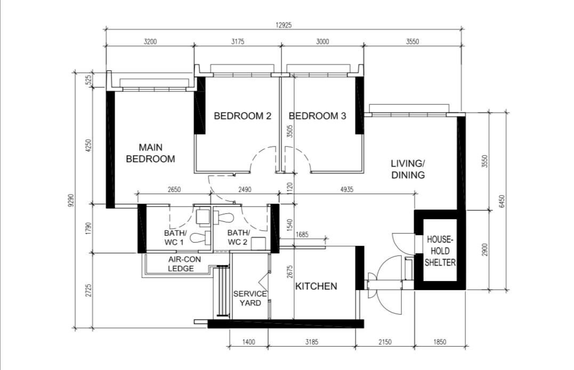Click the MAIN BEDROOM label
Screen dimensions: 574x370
(150, 153)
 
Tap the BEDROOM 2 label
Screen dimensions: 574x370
(242, 116)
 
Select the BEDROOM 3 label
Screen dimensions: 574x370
(318, 116)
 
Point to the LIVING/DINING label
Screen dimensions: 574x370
(408, 169)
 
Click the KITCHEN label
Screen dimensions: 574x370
(316, 286)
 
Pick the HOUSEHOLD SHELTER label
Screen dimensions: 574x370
(440, 251)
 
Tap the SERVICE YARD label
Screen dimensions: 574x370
(250, 298)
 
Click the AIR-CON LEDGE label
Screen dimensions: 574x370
(184, 264)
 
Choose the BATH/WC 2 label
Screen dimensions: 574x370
(238, 237)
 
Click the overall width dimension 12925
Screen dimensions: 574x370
(284, 25)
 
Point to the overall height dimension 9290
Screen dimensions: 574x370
(71, 200)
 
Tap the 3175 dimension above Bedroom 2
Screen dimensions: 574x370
(238, 42)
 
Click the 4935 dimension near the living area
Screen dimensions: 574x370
(346, 189)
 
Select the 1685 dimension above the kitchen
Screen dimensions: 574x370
(302, 235)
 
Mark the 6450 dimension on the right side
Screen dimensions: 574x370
(502, 201)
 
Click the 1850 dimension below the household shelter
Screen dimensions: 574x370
(440, 342)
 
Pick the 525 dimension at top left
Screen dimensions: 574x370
(88, 79)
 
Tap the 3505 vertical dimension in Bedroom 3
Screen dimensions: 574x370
(289, 131)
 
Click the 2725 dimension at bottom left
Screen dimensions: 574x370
(88, 290)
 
